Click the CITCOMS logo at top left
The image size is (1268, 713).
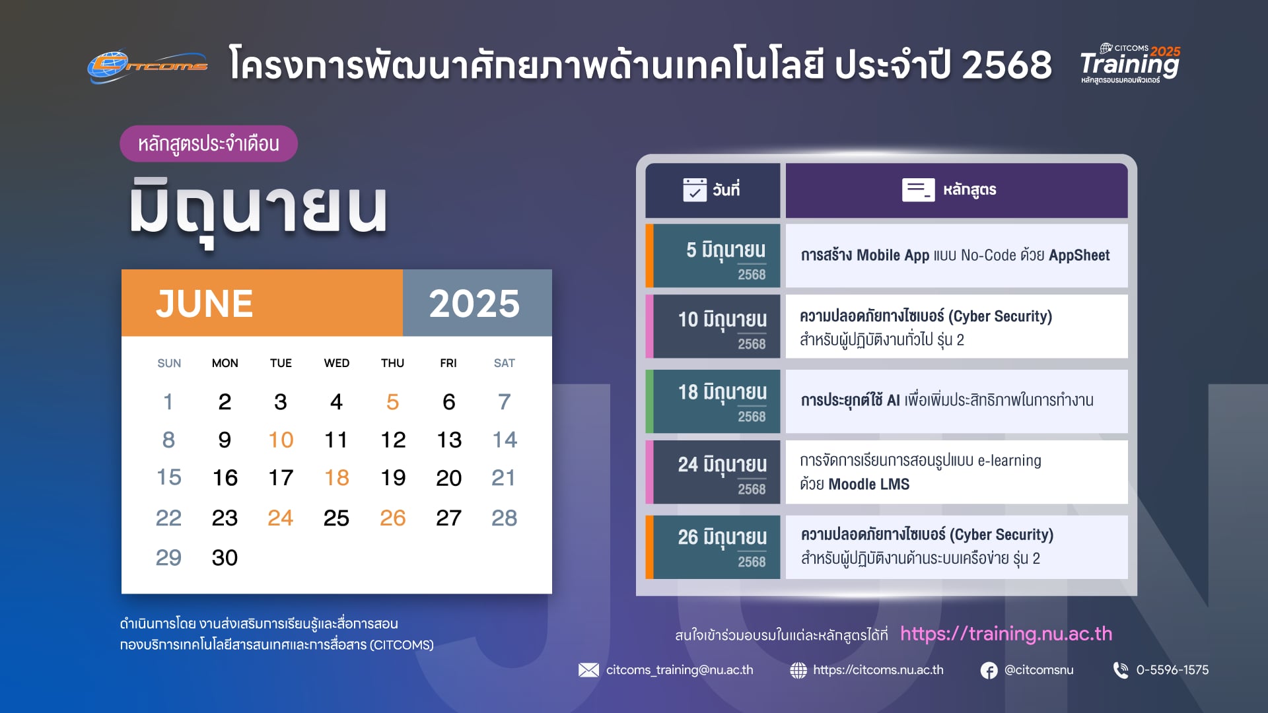148,67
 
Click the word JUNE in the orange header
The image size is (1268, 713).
205,304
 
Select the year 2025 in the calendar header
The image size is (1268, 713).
474,304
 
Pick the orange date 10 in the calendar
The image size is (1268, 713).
281,440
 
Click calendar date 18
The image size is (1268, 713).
337,477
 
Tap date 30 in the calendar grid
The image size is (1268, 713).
225,558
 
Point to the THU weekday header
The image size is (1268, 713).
392,363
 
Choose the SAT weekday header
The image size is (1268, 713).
505,363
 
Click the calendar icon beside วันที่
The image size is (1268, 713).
695,189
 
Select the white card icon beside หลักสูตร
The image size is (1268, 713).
918,189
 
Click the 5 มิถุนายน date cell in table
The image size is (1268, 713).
713,256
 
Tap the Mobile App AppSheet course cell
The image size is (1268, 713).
956,256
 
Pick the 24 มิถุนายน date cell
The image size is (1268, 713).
713,472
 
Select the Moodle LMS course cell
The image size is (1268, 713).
956,472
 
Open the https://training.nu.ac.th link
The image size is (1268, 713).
1006,634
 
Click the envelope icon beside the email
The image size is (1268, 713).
588,670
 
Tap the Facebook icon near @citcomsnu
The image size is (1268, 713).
989,671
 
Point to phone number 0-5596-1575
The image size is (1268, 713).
1172,670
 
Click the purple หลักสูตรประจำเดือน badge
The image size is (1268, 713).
209,144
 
